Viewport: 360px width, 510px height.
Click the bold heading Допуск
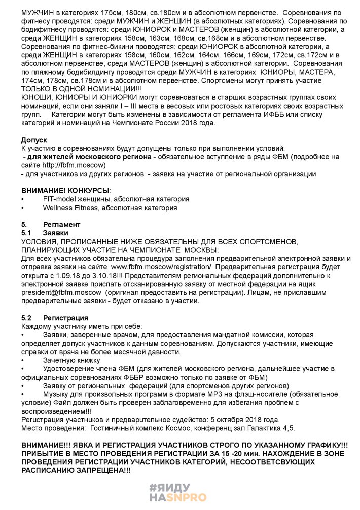(34, 139)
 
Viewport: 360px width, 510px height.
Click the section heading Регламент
(61, 224)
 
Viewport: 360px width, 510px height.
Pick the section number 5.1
(26, 233)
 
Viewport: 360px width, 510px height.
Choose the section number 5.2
(26, 318)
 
